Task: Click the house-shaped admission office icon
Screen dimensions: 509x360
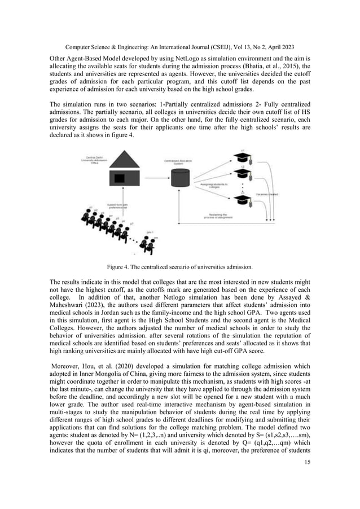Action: (x=120, y=171)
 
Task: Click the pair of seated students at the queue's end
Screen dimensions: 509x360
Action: (x=148, y=244)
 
